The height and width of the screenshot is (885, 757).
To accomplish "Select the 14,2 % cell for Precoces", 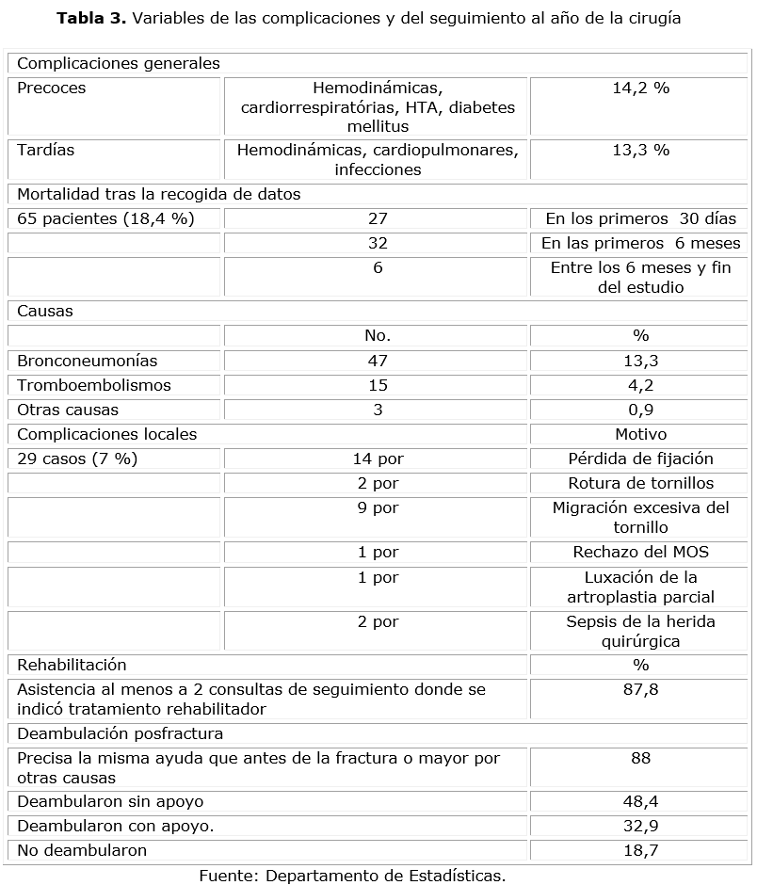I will [640, 88].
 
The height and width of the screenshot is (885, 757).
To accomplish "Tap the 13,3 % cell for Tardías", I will [640, 150].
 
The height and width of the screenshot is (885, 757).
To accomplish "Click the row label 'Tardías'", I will [45, 150].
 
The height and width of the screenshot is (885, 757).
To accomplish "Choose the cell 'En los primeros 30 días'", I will [640, 218].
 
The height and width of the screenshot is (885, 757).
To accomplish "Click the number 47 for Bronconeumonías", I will [377, 361].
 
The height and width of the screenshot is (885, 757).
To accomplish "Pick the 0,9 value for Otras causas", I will [640, 410].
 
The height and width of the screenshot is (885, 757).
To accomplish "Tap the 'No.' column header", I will [377, 336].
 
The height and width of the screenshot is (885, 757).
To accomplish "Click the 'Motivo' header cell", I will [640, 434].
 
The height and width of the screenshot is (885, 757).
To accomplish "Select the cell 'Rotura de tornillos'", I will [640, 483].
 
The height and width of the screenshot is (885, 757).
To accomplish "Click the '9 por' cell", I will [377, 507].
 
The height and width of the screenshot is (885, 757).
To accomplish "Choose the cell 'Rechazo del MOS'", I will [640, 552].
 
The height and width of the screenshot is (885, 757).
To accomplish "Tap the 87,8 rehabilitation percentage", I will [640, 689].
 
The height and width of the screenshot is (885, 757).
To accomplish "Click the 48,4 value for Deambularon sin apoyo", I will [640, 801].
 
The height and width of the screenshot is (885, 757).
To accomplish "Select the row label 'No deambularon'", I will [82, 850].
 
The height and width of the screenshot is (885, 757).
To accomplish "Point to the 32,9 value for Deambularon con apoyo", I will [640, 826].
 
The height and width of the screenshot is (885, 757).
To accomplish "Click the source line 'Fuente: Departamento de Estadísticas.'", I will [352, 875].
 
